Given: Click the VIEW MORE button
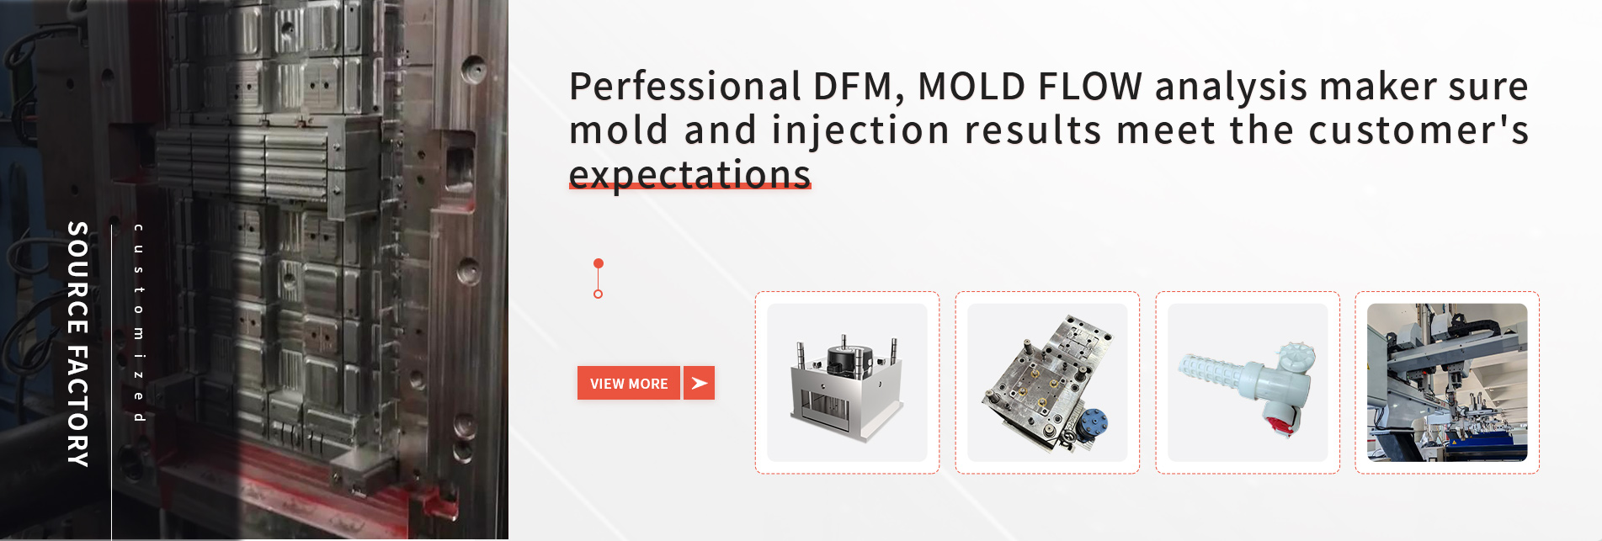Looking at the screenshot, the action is (629, 383).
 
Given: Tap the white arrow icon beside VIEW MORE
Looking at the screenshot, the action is (699, 383).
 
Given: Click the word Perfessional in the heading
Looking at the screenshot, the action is (685, 87).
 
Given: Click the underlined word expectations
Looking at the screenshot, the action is (689, 174).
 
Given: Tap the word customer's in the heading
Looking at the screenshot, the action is (1418, 130).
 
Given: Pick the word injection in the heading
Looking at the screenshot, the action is (861, 131).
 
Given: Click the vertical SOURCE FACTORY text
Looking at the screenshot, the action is (77, 343).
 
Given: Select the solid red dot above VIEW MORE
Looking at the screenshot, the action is (599, 263).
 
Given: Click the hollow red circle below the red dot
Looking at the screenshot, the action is (599, 294).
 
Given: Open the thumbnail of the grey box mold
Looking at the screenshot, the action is (847, 383).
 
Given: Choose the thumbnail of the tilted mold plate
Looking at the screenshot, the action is (1047, 383).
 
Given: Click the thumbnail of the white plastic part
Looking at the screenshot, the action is (1248, 383).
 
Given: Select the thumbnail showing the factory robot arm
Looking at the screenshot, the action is (1447, 383).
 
